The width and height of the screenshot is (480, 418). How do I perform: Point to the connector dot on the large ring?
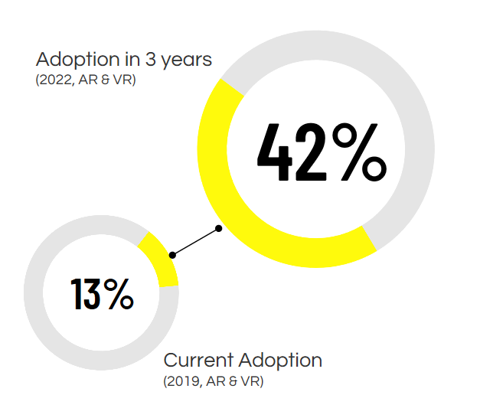point(219,228)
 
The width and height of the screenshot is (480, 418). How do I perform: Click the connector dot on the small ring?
point(173,254)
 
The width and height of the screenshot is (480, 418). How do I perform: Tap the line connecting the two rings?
point(196,241)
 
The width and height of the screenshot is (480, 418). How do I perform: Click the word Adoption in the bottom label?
point(280,360)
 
